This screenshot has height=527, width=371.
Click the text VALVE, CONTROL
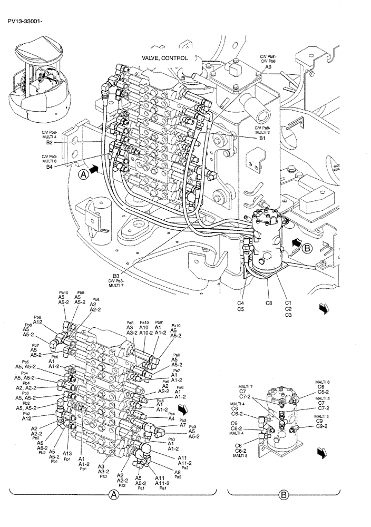point(164,58)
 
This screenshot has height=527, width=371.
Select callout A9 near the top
point(268,67)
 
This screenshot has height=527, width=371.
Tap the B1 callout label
point(262,138)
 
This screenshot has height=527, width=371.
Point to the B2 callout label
point(49,142)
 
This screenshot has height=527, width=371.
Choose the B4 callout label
point(49,167)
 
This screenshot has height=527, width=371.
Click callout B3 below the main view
point(116,275)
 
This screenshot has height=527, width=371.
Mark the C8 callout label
point(268,303)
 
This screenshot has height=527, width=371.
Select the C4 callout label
point(240,303)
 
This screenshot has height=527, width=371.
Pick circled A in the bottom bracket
point(113,495)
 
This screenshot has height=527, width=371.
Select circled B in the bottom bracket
point(284,495)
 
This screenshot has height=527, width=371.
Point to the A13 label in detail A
point(67,454)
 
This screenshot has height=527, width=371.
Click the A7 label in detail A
point(182,425)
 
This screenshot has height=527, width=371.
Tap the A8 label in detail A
point(178,473)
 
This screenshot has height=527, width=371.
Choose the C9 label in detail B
point(319,421)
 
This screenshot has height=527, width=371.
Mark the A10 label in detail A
point(144,327)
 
